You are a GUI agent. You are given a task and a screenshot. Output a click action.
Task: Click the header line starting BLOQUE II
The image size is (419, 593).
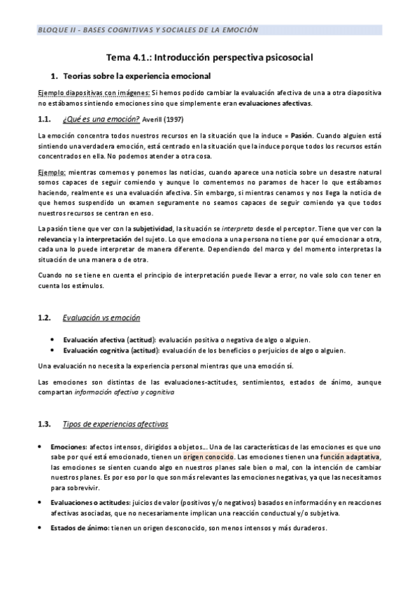click(148, 30)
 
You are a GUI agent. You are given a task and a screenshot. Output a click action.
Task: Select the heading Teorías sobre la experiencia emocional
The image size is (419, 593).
click(136, 75)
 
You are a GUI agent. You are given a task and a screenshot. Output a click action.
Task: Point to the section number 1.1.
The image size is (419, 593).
click(45, 119)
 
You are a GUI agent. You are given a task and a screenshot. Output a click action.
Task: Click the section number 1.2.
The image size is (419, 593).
click(45, 317)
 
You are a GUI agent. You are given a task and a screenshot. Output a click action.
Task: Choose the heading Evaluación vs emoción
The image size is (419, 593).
click(101, 317)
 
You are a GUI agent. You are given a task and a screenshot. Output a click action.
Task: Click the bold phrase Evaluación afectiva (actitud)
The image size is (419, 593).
click(110, 338)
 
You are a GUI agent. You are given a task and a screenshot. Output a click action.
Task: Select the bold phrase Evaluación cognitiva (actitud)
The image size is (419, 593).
click(112, 350)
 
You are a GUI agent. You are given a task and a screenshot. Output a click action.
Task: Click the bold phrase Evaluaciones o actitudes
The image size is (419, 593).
click(93, 502)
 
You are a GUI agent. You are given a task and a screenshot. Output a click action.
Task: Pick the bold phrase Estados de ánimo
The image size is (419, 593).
click(80, 528)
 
